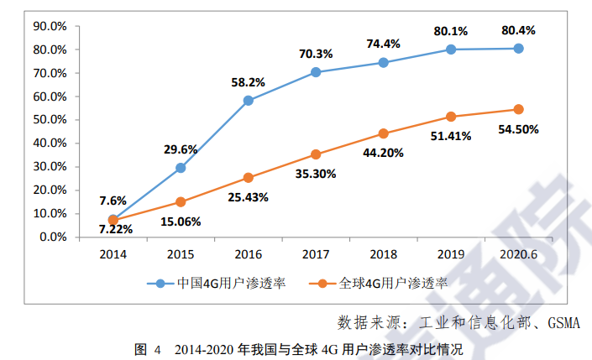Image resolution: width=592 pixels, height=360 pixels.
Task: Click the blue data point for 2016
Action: tap(249, 101)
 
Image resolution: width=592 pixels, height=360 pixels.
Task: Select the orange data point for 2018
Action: tap(384, 133)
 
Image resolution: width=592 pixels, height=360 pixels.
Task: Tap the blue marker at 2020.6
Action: tap(518, 49)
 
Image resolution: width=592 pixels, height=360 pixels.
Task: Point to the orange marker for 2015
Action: tap(181, 201)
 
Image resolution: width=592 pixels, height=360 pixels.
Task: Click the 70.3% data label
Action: tap(316, 55)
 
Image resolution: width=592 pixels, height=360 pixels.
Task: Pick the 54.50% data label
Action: tap(518, 129)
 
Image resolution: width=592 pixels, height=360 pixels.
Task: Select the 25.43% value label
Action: tap(249, 197)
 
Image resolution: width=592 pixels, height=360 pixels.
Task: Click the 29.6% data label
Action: tap(181, 149)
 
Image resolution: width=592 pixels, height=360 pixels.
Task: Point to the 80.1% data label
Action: tap(451, 32)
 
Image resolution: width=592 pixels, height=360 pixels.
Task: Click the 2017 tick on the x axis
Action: tap(316, 253)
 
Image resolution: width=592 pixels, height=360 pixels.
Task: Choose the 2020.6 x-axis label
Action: tap(518, 253)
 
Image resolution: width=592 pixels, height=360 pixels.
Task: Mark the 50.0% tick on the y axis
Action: tap(49, 120)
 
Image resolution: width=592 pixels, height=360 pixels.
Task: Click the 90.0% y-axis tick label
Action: tap(49, 26)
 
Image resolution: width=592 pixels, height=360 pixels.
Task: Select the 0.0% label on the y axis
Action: tap(52, 237)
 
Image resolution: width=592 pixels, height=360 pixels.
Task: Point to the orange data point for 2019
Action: tap(451, 117)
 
